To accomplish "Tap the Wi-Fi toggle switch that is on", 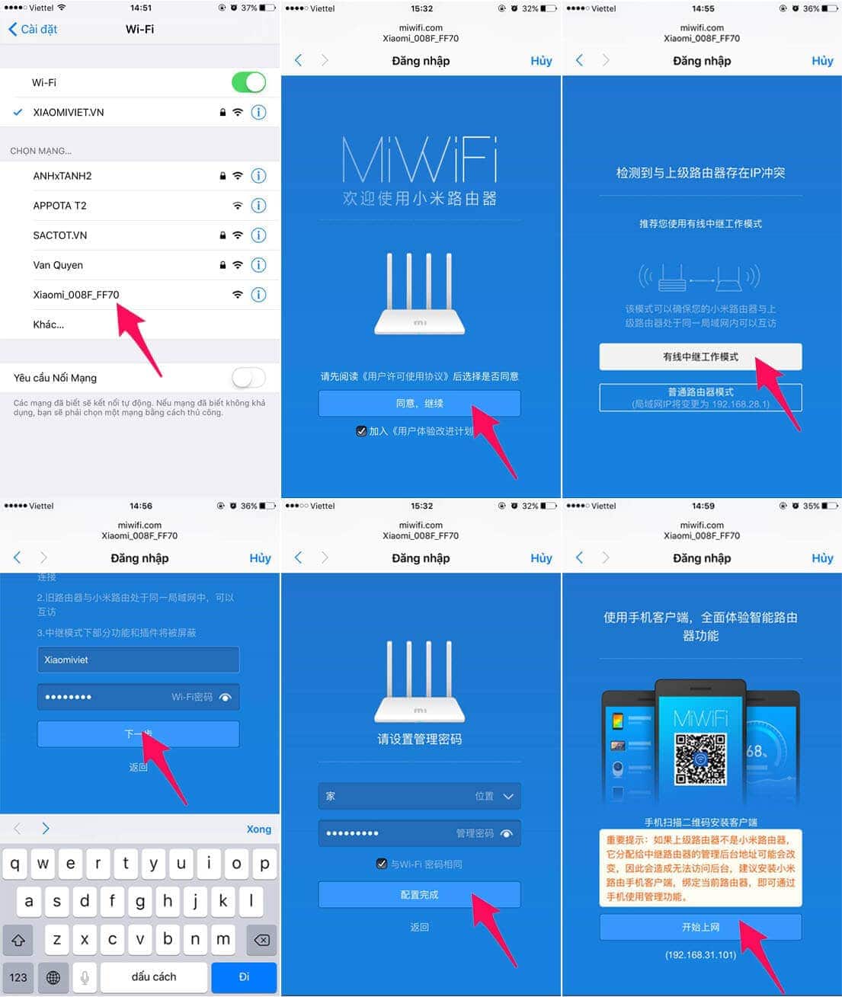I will coord(248,82).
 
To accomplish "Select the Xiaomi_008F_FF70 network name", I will coord(76,295).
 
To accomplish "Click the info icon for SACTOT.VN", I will coord(259,235).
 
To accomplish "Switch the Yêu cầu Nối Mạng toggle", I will coord(248,378).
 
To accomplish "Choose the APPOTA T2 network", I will coord(60,206).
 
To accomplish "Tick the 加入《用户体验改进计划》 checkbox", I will coord(361,431).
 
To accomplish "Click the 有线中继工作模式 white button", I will coord(700,356).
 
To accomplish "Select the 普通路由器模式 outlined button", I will coord(700,398).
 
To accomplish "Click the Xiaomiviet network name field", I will coord(138,660).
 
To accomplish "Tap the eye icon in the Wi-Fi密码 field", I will coord(226,697).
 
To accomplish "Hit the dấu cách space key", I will coord(154,976).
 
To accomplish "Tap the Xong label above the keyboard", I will coord(259,829).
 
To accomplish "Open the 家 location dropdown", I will coord(419,796).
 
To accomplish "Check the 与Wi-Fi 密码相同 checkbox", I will coord(382,864).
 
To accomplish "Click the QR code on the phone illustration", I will coord(700,759).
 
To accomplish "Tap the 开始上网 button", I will coord(700,927).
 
